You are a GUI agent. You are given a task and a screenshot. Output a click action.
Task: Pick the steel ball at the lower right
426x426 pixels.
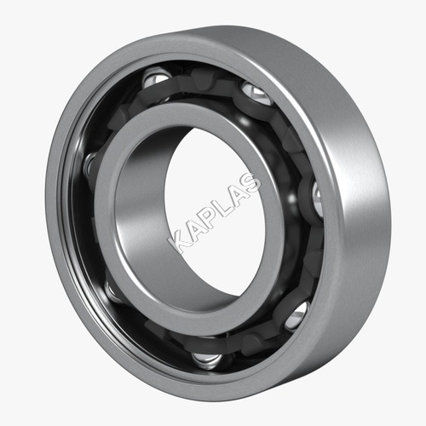[296, 316]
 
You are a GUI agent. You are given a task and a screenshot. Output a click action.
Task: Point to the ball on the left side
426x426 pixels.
[90, 164]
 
